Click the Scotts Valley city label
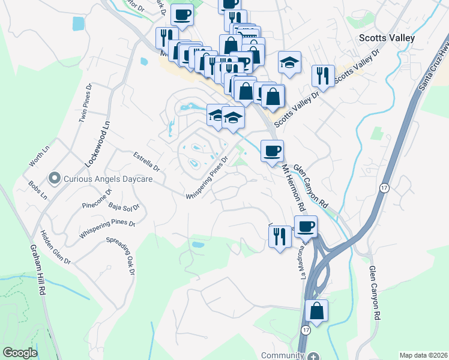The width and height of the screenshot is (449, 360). (387, 37)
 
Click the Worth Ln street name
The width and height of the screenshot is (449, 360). (39, 158)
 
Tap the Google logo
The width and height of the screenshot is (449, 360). (20, 352)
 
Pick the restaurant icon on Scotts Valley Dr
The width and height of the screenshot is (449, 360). (324, 76)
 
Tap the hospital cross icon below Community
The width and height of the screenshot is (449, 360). (312, 356)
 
